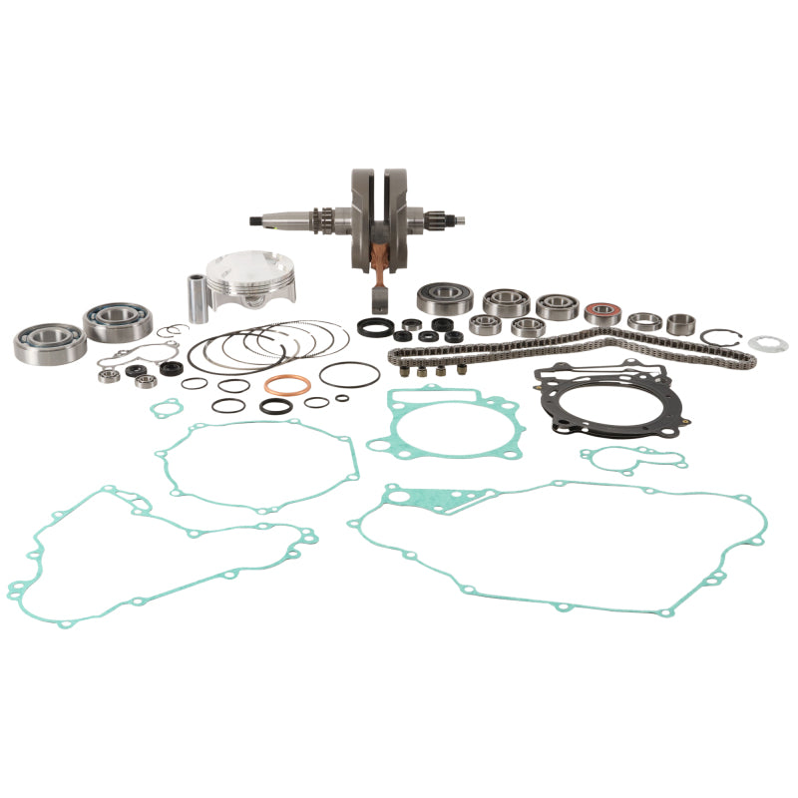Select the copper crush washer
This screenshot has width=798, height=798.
(287, 385)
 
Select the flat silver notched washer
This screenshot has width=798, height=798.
(768, 344)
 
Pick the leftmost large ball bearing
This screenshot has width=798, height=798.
(49, 341)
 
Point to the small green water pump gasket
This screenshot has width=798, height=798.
(633, 458)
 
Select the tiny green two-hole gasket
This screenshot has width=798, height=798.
(166, 407)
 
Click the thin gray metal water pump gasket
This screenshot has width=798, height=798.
(150, 357)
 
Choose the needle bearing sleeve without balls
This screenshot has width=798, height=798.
(681, 323)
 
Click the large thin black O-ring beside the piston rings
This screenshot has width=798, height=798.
(349, 373)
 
